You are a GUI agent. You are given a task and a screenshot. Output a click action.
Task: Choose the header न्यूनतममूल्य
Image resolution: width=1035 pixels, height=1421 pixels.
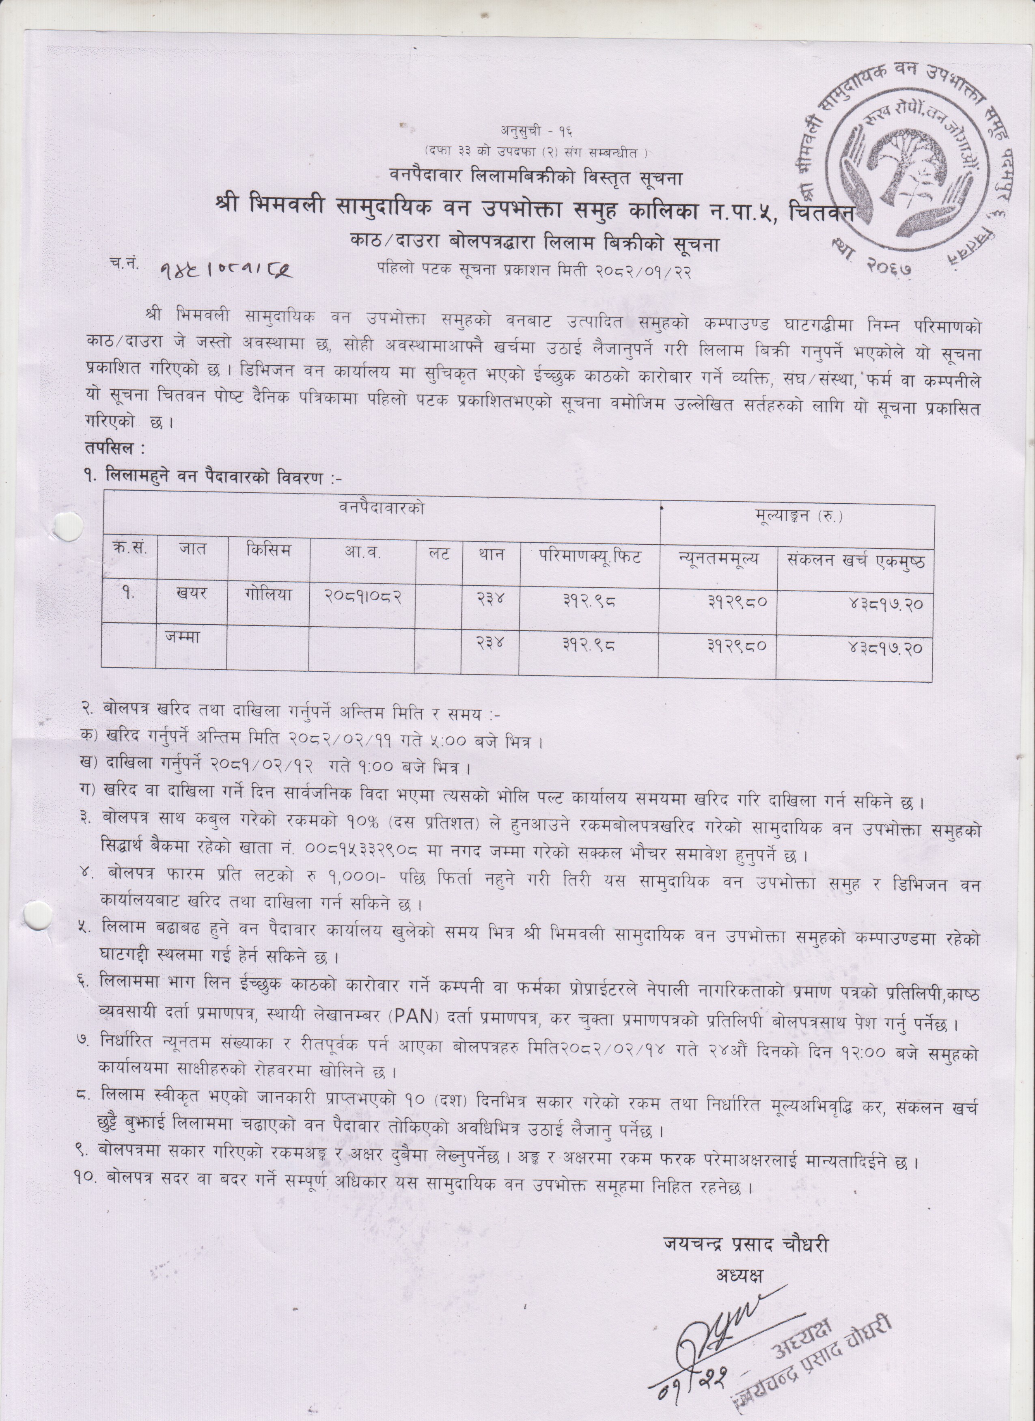pyautogui.click(x=718, y=558)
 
